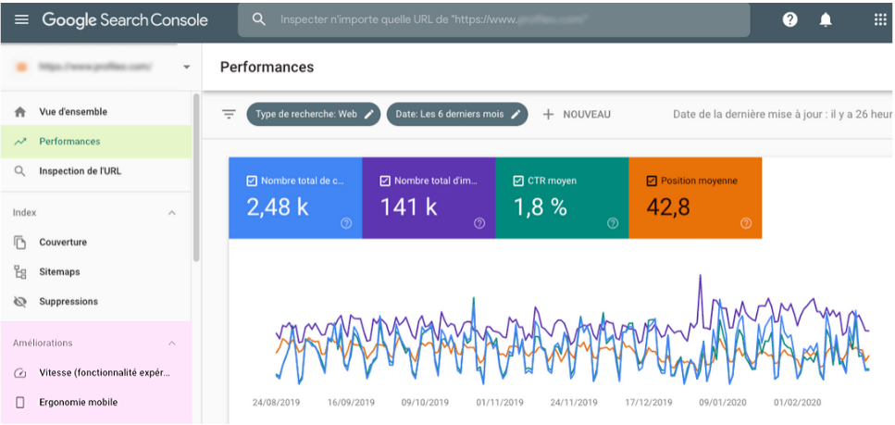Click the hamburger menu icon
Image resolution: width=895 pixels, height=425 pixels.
tap(21, 19)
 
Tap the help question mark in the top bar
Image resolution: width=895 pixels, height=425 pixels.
tap(789, 19)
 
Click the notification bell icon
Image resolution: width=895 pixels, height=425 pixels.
tap(826, 19)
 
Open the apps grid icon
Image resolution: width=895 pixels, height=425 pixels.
tap(879, 19)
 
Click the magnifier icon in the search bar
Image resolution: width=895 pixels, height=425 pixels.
tap(259, 19)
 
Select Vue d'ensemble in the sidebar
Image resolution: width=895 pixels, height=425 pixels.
tap(72, 112)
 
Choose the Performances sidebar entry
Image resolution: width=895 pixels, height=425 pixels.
tap(69, 142)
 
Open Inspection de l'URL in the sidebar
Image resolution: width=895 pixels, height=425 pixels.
tap(80, 171)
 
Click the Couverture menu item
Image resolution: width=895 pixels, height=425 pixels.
tap(63, 243)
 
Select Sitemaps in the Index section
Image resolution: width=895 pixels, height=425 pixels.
tap(59, 272)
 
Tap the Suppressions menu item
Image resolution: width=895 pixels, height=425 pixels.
tap(68, 302)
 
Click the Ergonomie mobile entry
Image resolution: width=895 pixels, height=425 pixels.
tap(78, 403)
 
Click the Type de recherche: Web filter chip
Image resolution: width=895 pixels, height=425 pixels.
tap(314, 114)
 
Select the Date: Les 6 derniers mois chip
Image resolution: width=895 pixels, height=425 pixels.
tap(457, 114)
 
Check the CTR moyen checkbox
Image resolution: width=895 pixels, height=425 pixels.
tap(518, 181)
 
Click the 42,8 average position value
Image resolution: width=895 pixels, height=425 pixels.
tap(668, 207)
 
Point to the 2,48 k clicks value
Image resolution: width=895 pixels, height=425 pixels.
tap(278, 207)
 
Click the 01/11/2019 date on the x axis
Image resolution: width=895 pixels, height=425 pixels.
tap(500, 403)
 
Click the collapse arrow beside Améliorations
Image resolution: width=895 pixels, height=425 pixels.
tap(171, 344)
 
